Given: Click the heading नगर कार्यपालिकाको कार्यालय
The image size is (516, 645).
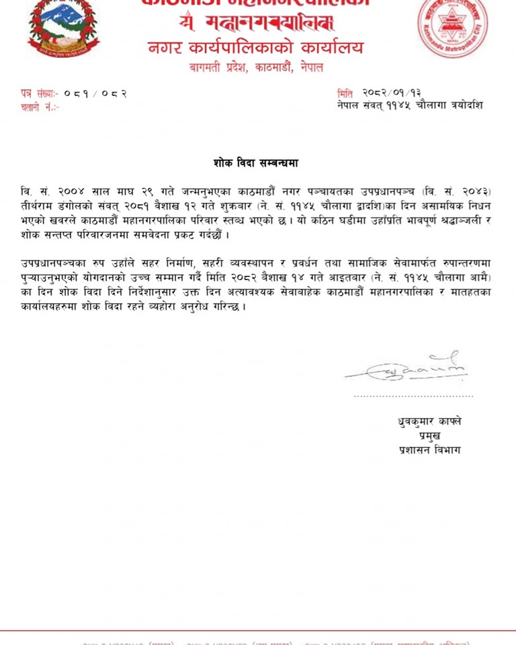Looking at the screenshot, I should pyautogui.click(x=255, y=48).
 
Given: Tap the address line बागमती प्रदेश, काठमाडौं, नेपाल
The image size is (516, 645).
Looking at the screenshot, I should pyautogui.click(x=255, y=68).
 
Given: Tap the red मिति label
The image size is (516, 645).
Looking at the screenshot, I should pyautogui.click(x=345, y=93).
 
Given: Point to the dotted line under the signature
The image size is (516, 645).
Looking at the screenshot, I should pyautogui.click(x=413, y=396).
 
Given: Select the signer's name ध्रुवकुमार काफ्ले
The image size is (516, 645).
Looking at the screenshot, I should pyautogui.click(x=429, y=422).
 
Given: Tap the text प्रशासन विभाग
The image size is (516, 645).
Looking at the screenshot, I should pyautogui.click(x=429, y=450).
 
